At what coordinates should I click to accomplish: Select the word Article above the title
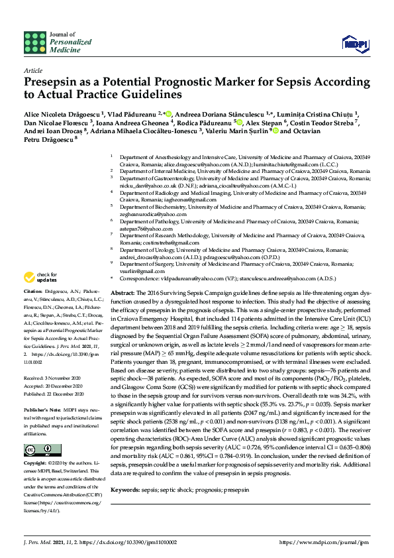coord(32,70)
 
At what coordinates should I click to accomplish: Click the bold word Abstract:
coord(123,292)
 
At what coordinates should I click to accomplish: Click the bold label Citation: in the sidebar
coord(33,309)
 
